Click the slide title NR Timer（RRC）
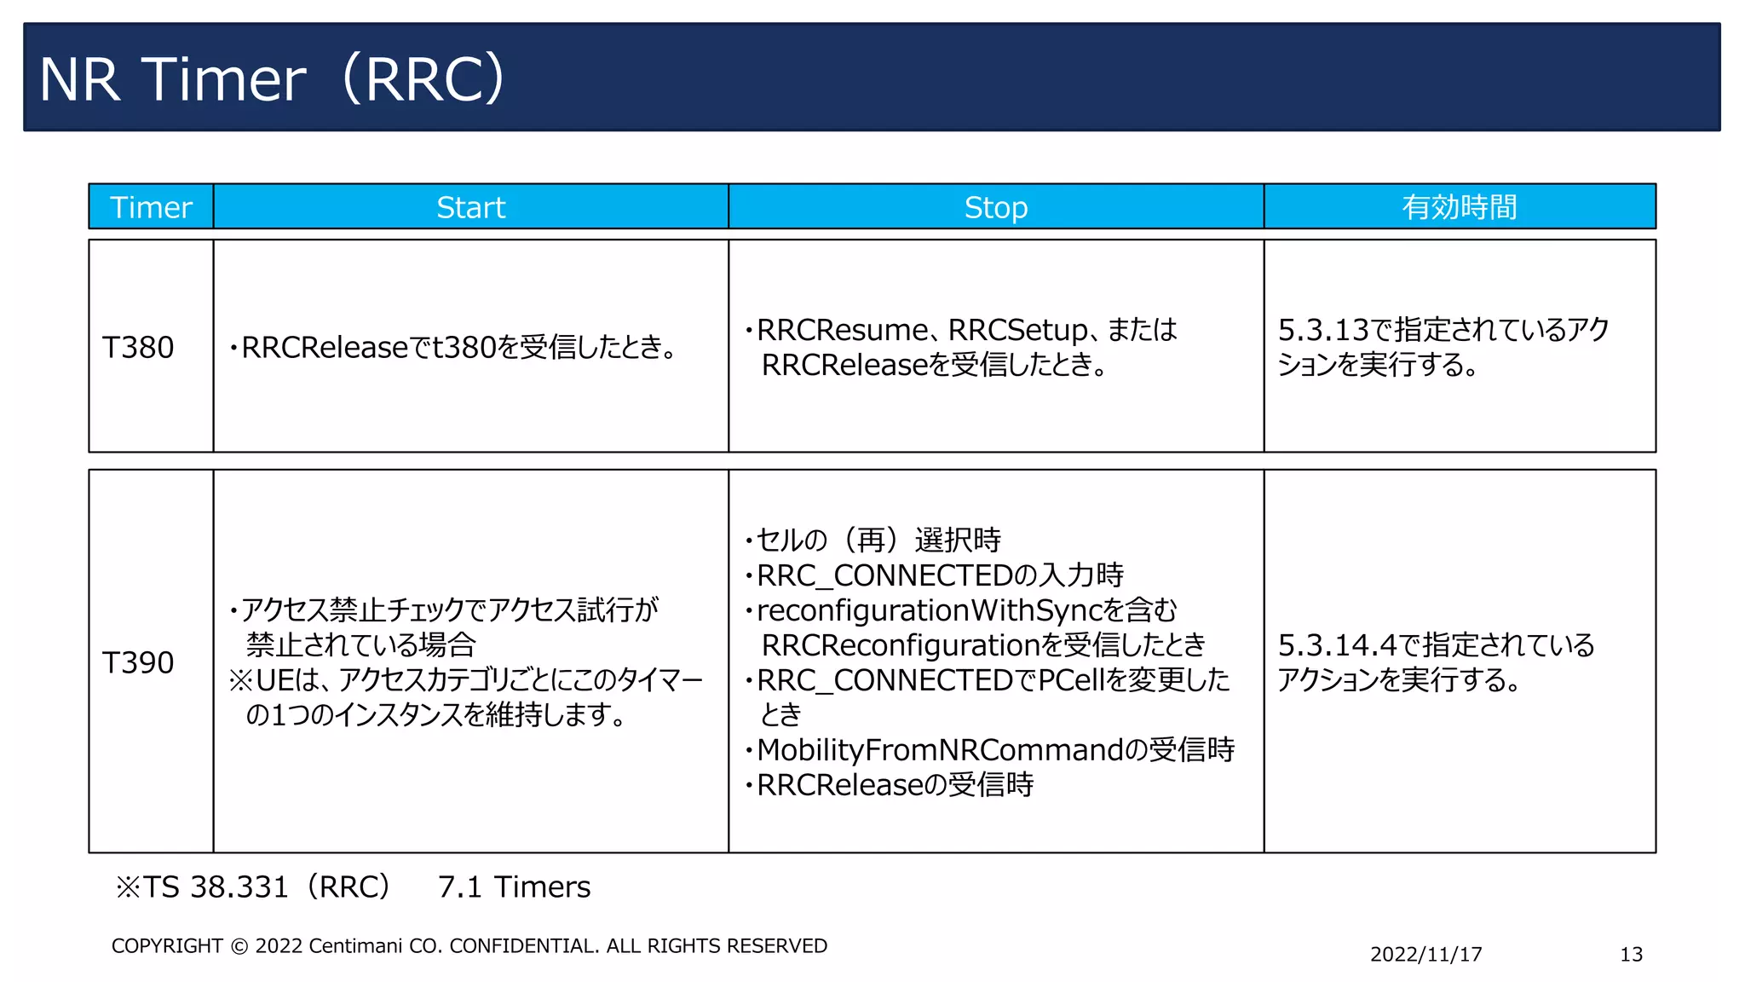click(x=273, y=78)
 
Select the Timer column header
click(x=151, y=207)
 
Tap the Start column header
click(x=470, y=207)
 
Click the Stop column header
click(x=995, y=207)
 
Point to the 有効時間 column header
click(x=1459, y=207)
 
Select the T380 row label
click(x=138, y=347)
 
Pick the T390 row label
click(x=138, y=662)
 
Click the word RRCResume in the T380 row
click(x=842, y=330)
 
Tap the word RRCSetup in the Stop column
click(x=1017, y=330)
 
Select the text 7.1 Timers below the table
click(x=514, y=887)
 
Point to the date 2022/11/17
click(x=1425, y=954)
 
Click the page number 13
click(x=1631, y=954)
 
